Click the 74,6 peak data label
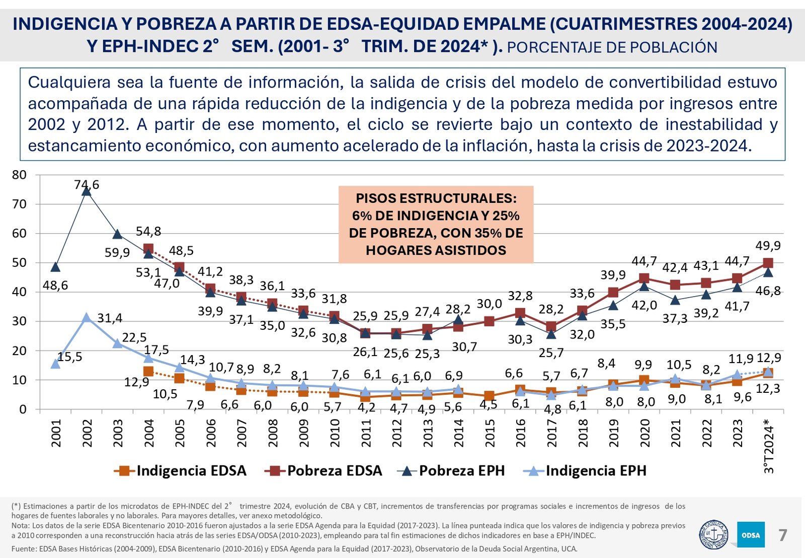pyautogui.click(x=87, y=185)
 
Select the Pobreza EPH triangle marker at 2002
pyautogui.click(x=87, y=191)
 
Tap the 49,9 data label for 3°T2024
pyautogui.click(x=768, y=246)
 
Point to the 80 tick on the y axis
pyautogui.click(x=19, y=175)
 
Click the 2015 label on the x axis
pyautogui.click(x=490, y=433)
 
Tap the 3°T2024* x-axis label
pyautogui.click(x=769, y=446)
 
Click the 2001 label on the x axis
pyautogui.click(x=56, y=433)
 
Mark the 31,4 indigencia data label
pyautogui.click(x=110, y=318)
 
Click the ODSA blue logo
pyautogui.click(x=751, y=535)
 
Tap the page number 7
pyautogui.click(x=783, y=535)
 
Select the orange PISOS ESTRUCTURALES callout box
pyautogui.click(x=436, y=225)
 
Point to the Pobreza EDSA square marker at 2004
pyautogui.click(x=148, y=249)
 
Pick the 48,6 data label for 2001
pyautogui.click(x=55, y=286)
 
